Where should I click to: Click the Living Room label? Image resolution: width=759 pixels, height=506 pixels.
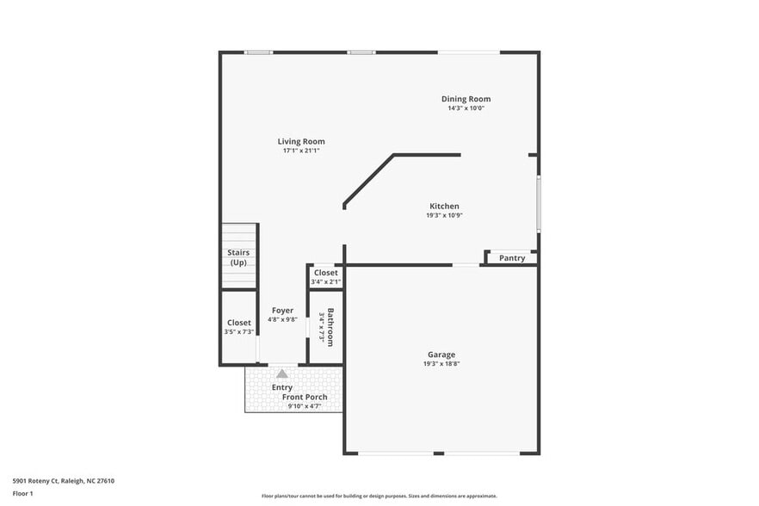click(300, 141)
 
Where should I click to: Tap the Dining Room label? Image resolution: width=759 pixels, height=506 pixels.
click(466, 99)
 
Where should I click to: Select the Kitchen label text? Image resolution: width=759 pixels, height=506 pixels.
click(444, 206)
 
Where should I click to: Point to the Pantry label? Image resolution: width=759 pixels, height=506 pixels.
click(512, 258)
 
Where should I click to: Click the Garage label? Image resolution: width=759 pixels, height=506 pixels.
click(441, 355)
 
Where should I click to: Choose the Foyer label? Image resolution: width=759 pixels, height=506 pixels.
click(282, 311)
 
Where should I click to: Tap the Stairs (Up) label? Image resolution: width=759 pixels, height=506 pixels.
click(238, 256)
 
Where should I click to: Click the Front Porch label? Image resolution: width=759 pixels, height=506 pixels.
click(305, 397)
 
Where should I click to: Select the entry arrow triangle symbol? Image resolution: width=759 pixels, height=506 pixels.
click(282, 373)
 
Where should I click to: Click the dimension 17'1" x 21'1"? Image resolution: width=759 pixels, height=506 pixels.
click(301, 151)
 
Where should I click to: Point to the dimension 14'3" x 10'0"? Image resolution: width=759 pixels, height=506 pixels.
click(466, 108)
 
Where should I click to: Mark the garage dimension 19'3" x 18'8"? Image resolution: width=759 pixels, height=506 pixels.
click(441, 364)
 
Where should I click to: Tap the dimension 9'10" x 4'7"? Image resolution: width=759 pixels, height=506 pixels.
click(304, 406)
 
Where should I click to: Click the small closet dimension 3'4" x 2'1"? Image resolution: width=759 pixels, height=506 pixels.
click(326, 281)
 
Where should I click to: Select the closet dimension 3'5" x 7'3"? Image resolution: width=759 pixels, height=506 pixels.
click(239, 331)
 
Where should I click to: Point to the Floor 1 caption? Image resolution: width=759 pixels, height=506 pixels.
click(23, 494)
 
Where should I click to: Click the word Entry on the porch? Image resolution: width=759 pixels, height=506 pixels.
click(282, 387)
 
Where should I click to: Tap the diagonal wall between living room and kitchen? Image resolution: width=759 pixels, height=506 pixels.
click(368, 180)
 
